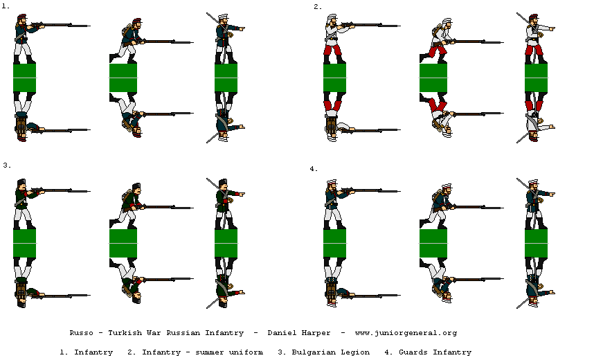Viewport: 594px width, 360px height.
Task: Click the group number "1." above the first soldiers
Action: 6,6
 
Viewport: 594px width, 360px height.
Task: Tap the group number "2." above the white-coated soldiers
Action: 318,6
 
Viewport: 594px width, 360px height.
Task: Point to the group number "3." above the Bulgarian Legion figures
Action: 6,165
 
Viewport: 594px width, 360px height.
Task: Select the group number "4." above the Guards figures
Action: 314,168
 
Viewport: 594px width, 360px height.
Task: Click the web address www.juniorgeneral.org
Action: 405,333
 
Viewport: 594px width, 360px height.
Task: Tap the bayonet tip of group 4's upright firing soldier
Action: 399,189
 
